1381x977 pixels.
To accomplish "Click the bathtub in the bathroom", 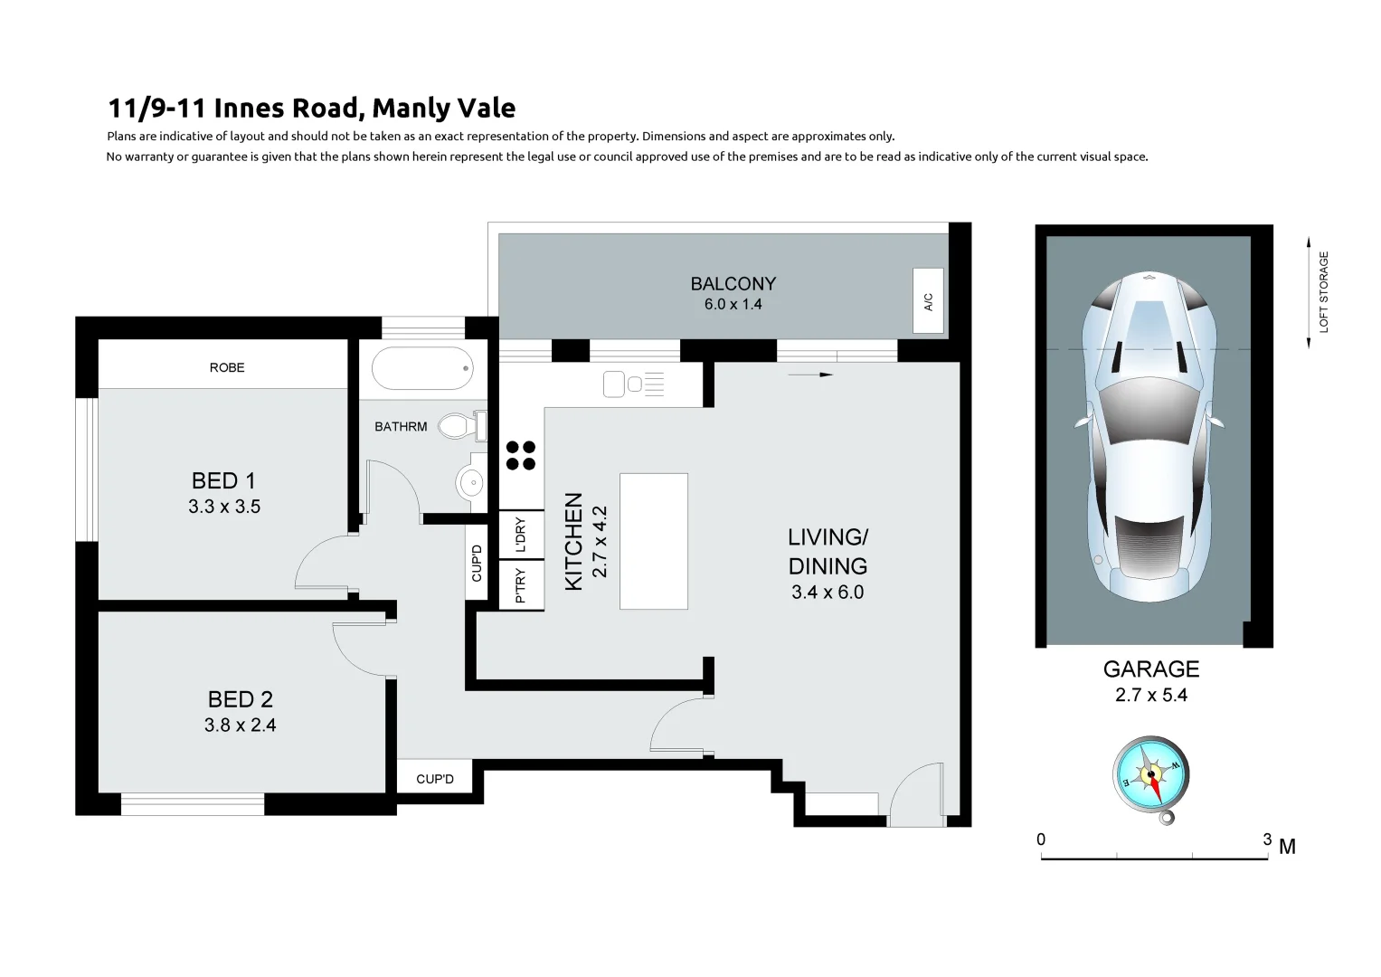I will coord(422,368).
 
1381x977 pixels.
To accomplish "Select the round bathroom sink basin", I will coord(471,483).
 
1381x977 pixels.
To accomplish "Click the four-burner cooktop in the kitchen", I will coord(520,455).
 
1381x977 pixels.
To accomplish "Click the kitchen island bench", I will coord(653,541).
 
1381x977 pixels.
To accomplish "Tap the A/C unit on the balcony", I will coord(928,301).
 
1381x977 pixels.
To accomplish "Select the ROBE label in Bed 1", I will coord(227,367).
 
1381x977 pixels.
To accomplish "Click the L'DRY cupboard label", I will coord(521,536).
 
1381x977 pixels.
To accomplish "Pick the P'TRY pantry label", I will coord(521,585).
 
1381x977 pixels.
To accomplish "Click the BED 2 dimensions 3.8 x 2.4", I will coord(240,725).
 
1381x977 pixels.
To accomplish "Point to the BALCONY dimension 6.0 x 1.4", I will coord(733,304).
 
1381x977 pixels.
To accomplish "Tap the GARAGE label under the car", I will coord(1150,669).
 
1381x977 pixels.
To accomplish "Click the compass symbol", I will coord(1150,776).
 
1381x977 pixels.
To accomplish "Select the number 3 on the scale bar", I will coord(1266,839).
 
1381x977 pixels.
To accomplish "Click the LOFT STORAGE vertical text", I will coord(1324,291).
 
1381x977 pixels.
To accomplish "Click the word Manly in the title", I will coord(410,109).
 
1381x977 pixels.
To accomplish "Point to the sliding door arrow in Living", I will coord(809,374).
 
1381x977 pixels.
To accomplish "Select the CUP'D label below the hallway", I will coord(435,779).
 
